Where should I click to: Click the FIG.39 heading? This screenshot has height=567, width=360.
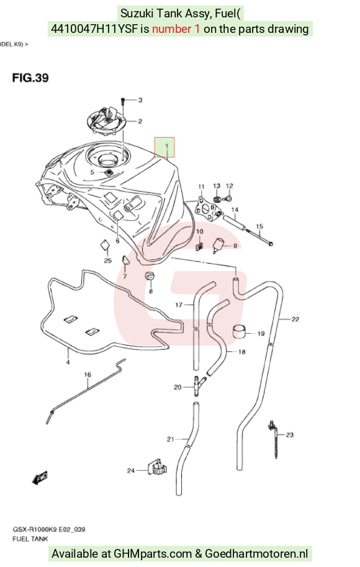point(30,78)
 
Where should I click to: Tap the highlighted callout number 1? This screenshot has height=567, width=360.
point(167,146)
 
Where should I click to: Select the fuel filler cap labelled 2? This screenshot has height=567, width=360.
point(106,120)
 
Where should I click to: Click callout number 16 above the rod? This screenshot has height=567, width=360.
point(88,375)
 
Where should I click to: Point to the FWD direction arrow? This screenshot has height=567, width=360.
point(40,478)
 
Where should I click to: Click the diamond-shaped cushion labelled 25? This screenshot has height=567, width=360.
point(105,245)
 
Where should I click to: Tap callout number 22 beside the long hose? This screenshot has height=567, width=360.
point(295,319)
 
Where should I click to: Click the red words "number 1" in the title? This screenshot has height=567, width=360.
point(176,29)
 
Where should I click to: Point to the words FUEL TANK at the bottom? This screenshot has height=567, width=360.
point(30,539)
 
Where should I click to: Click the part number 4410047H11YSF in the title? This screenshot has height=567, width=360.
point(94,29)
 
